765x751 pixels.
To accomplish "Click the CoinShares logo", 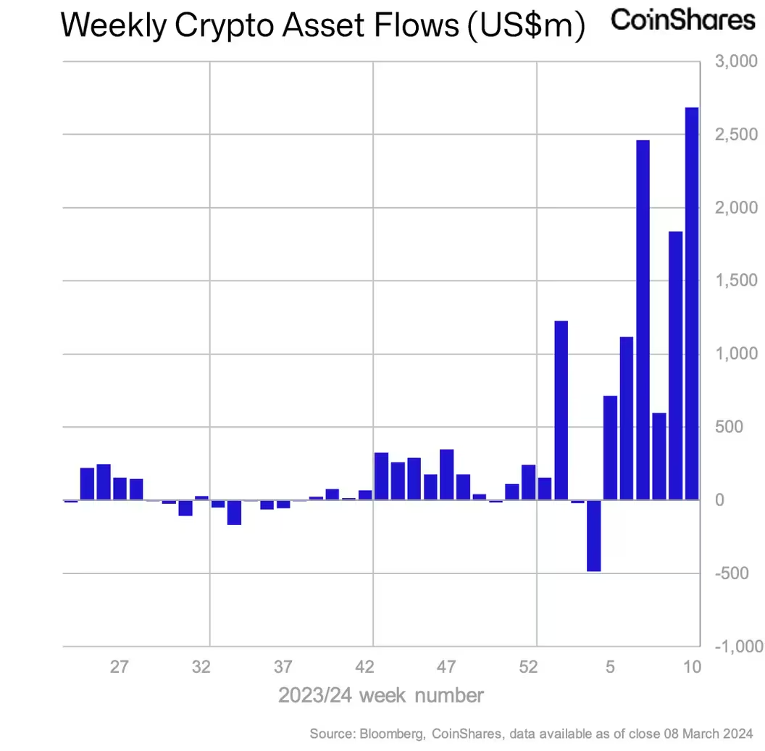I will (x=682, y=20).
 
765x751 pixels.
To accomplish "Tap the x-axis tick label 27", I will (x=120, y=667).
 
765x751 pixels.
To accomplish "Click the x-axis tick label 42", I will (x=365, y=667).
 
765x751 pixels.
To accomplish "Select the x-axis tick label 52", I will (x=529, y=667).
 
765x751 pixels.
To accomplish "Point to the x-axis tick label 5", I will (x=611, y=667).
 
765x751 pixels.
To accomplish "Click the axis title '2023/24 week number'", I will (x=381, y=696).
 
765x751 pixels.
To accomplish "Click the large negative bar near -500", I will (x=594, y=536).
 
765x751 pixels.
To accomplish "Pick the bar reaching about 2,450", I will (x=643, y=319).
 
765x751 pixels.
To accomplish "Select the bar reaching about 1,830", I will (x=675, y=365).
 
